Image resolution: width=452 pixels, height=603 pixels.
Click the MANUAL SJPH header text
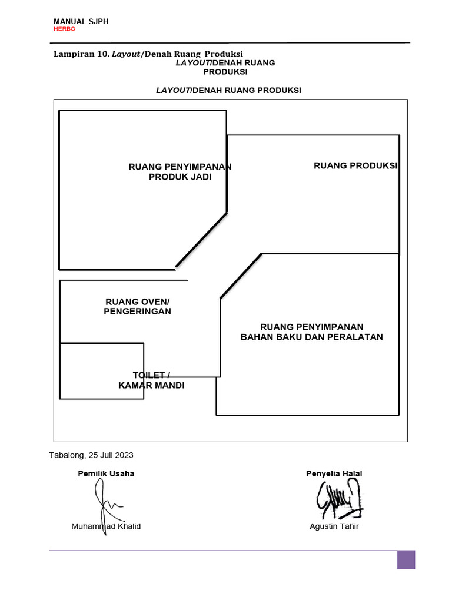point(81,21)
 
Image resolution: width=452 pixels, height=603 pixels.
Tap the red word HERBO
point(64,29)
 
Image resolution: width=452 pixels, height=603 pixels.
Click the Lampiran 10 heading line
point(148,53)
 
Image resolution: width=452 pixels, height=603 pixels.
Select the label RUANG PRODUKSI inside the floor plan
point(355,165)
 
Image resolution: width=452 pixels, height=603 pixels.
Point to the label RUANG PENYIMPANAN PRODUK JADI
point(180,172)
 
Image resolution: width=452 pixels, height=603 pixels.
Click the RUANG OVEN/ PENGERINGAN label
point(137,306)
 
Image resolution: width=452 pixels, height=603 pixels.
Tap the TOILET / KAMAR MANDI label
point(151,380)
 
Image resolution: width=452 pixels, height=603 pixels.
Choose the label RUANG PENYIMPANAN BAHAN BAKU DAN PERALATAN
point(311,332)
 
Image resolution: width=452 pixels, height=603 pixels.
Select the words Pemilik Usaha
point(106,473)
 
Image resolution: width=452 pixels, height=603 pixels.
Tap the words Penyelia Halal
point(334,473)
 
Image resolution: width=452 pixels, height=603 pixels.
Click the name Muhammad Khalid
point(106,526)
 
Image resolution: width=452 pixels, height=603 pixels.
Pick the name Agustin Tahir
point(334,526)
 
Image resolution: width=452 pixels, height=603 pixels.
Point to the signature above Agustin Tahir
point(339,498)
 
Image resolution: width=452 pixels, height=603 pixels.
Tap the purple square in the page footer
point(406,559)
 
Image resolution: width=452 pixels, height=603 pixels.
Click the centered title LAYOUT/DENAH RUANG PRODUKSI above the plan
point(228,90)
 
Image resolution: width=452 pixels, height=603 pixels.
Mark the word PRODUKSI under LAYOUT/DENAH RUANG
point(225,72)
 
